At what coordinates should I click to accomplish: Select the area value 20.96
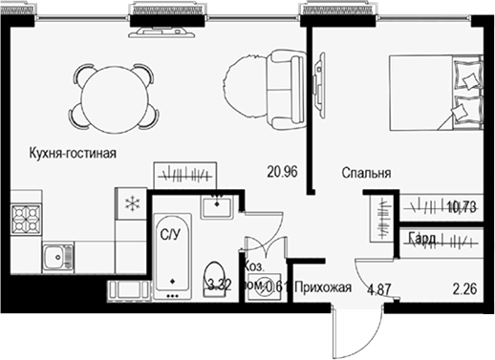(283, 173)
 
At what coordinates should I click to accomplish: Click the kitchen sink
(58, 255)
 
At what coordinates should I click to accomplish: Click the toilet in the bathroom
(217, 274)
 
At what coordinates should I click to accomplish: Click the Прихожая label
(323, 287)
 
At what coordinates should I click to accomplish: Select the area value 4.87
(379, 287)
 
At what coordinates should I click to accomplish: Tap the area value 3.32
(220, 285)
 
